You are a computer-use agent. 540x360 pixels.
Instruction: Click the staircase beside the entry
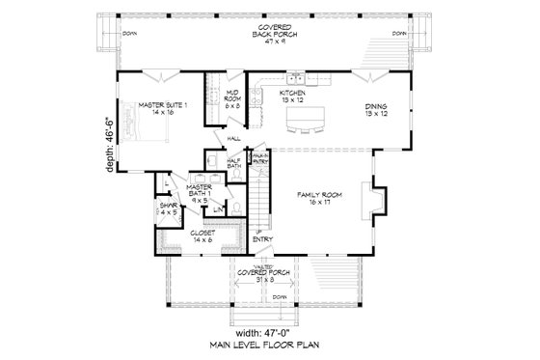click(x=257, y=198)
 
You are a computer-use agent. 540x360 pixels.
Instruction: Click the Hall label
click(x=233, y=139)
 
